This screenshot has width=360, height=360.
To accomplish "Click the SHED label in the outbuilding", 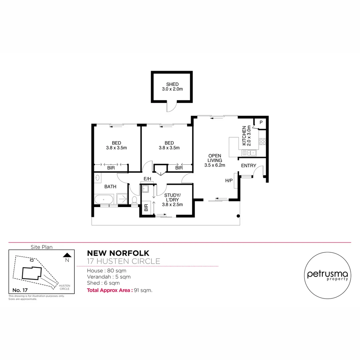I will coord(172,84).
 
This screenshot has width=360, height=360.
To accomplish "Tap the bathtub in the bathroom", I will coord(104,200).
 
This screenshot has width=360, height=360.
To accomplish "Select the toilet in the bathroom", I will coord(134,200).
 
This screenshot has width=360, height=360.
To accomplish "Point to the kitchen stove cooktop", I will coord(262,141).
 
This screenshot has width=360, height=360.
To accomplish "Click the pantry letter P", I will coord(261,122).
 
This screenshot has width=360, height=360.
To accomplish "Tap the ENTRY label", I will coord(248,166).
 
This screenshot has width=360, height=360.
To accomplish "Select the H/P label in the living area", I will coord(229,181).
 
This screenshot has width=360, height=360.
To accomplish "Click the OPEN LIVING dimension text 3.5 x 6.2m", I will coord(215,165).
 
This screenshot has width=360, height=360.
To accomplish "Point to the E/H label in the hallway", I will coord(147,179).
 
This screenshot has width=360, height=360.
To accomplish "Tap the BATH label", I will coord(110,187).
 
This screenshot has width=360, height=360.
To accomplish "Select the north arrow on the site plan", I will coord(67,255).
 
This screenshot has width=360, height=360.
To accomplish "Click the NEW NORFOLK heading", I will coord(118,254).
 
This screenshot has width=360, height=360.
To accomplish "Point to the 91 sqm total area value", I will coord(143,290).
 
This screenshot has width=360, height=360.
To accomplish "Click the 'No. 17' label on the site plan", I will coord(20,289).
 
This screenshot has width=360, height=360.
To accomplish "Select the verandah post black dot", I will coord(238,216).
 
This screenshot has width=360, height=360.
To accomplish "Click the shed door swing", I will coord(171,107).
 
